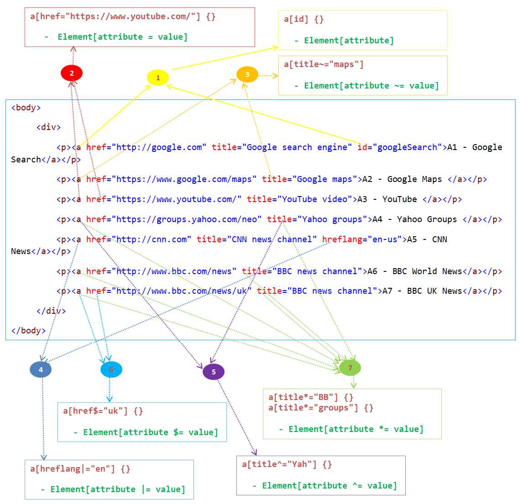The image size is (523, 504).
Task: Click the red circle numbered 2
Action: click(72, 73)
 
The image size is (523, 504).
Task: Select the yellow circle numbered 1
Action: click(158, 78)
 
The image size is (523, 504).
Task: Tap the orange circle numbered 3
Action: click(247, 74)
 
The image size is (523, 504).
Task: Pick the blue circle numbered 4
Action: click(41, 369)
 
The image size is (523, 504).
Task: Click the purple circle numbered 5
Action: click(214, 372)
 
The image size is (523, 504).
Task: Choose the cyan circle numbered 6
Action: click(111, 369)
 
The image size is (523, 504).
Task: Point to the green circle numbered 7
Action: click(350, 368)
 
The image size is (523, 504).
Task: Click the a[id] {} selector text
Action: click(303, 19)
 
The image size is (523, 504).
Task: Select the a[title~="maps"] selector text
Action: click(324, 64)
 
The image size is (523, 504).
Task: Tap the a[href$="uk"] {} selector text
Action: click(103, 411)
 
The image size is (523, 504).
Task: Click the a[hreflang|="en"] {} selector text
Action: click(80, 469)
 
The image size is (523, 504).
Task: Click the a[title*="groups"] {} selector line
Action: click(321, 408)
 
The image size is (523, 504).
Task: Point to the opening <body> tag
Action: click(26, 108)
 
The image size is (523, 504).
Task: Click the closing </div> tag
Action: click(51, 311)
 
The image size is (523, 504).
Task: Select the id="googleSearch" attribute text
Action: click(400, 147)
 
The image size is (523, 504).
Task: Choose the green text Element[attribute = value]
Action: click(122, 37)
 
